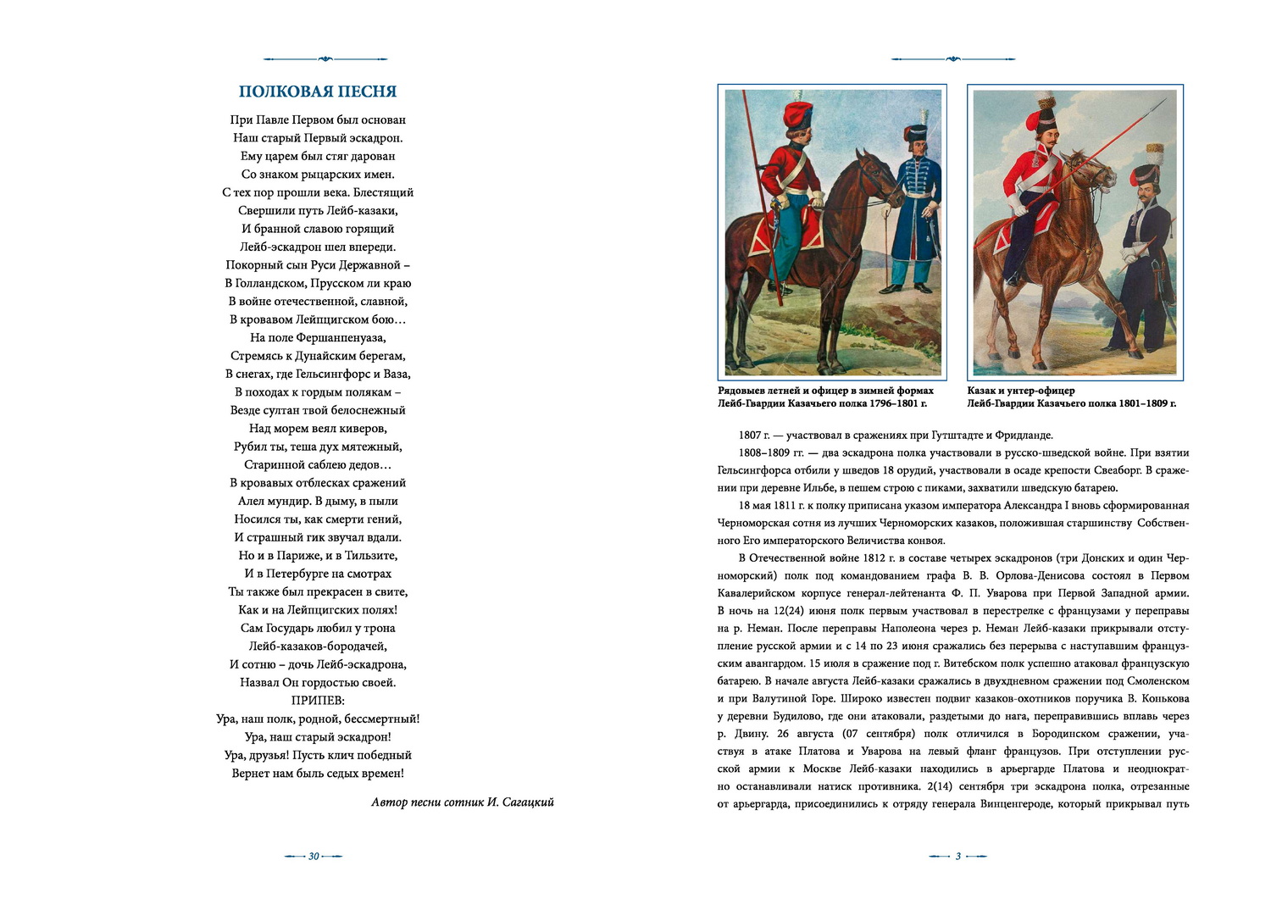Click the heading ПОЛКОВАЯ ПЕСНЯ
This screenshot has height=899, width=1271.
318,92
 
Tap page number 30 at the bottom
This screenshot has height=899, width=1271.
314,856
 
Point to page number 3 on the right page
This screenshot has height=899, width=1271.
957,856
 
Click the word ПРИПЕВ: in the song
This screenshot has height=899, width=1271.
318,701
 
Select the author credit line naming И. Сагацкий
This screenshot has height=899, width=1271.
463,802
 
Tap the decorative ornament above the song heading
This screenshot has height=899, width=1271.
325,58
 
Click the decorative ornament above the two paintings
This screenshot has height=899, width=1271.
953,58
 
